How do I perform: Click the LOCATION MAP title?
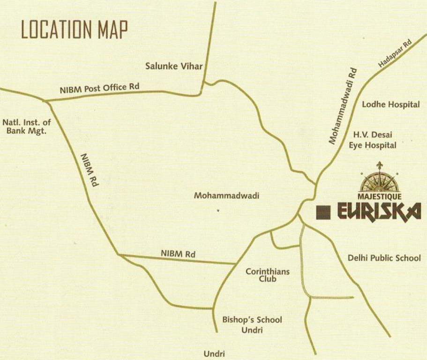tap(75, 30)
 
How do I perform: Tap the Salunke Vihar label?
tap(174, 66)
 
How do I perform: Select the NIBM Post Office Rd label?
tap(99, 88)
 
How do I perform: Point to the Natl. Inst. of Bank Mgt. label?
tap(27, 127)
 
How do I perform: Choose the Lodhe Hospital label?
tap(390, 105)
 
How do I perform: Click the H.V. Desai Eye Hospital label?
tap(372, 140)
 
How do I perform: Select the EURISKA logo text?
tap(379, 212)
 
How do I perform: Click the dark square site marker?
tap(323, 212)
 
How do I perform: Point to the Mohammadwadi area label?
tap(226, 195)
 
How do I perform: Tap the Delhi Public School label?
tap(384, 258)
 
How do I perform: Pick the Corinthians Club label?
tap(268, 275)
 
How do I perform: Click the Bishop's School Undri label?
tap(252, 325)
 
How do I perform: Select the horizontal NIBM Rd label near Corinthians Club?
tap(178, 254)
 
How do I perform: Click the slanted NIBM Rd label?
tap(90, 170)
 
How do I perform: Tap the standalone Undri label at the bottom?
tap(214, 353)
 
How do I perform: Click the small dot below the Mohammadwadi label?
tap(218, 211)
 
